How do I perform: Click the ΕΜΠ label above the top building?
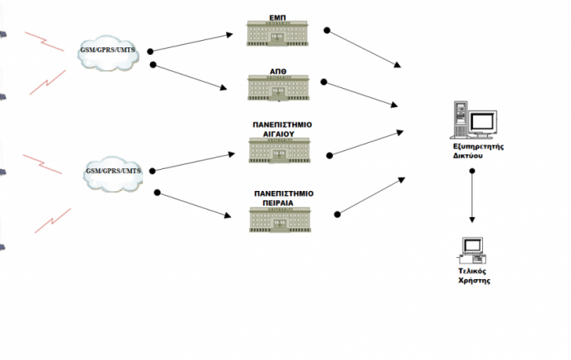(x=277, y=16)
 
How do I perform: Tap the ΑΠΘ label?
(x=277, y=71)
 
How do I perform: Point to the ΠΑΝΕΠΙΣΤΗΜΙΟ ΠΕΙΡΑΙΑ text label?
(x=284, y=198)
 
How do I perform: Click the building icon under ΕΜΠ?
(x=278, y=33)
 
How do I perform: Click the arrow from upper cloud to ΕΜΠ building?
(x=192, y=42)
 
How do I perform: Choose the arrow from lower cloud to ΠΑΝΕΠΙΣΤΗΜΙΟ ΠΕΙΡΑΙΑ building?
(x=192, y=204)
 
